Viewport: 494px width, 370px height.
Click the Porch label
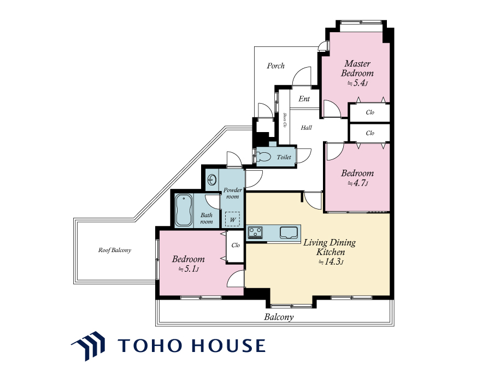(x=275, y=65)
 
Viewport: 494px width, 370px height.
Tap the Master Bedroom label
(x=357, y=68)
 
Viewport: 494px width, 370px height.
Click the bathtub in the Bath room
(x=184, y=210)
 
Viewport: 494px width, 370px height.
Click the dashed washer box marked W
(x=232, y=219)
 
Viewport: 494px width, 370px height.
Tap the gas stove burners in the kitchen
(x=255, y=232)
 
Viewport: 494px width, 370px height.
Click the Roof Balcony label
(x=115, y=250)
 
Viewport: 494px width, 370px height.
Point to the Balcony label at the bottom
(x=279, y=317)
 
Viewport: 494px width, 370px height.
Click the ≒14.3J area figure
(x=331, y=262)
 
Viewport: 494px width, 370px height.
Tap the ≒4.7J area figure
(x=357, y=183)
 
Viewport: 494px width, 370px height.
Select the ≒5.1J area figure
(x=189, y=269)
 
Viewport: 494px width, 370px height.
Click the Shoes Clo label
(x=285, y=120)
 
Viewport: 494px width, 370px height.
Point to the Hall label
(x=306, y=127)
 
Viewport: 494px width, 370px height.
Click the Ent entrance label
(x=304, y=99)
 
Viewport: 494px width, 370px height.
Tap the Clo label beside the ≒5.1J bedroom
(x=236, y=245)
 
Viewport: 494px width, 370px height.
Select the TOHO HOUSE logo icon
(x=88, y=346)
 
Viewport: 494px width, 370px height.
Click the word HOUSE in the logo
(x=229, y=345)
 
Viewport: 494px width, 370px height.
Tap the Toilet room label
(x=284, y=157)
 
